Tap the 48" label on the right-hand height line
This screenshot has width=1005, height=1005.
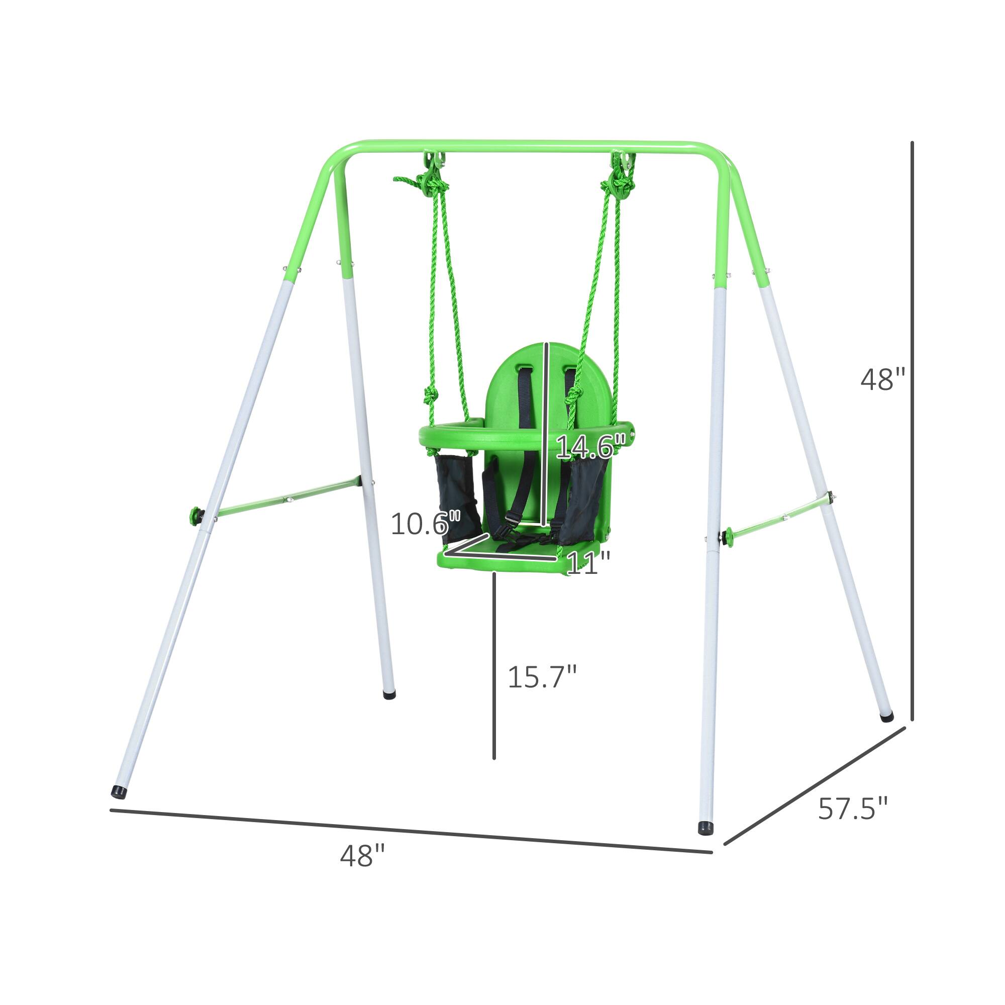(x=883, y=379)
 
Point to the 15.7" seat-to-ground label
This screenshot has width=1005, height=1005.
(x=542, y=677)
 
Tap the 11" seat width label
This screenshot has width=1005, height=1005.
(x=588, y=563)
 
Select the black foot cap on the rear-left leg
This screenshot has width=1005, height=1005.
(x=388, y=694)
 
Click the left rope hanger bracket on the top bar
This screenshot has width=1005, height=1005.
(x=433, y=161)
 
